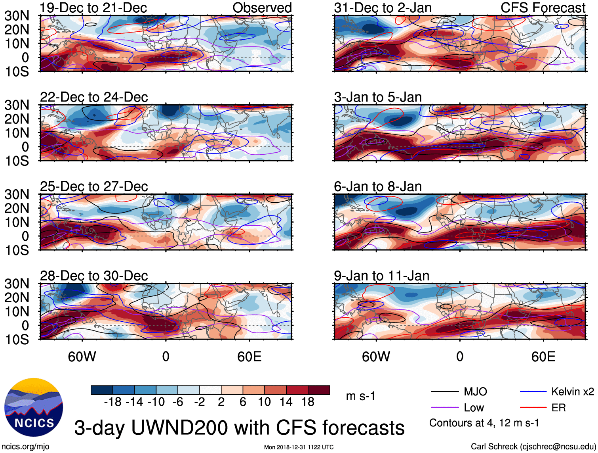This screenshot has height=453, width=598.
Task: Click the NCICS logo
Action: [34, 407]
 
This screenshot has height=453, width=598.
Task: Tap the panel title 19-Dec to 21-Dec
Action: [93, 8]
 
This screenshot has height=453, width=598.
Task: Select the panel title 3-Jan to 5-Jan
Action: [378, 97]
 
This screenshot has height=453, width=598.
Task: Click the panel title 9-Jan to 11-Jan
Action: [381, 276]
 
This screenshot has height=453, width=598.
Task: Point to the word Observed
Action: [262, 8]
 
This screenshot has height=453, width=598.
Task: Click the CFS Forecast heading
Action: [543, 8]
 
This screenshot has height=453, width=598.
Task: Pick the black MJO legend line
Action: [444, 392]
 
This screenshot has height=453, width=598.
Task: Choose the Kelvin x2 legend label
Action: [572, 392]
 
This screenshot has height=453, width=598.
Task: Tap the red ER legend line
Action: [533, 407]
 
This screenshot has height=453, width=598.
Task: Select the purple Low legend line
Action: [444, 407]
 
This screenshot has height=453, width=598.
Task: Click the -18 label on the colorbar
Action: [112, 402]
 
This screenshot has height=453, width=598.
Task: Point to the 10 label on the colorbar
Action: [264, 402]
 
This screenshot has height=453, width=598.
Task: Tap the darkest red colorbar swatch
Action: [319, 390]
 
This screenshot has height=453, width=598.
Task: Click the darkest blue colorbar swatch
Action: [102, 390]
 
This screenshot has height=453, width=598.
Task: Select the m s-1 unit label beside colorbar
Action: [360, 396]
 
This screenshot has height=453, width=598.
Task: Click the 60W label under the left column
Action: [82, 357]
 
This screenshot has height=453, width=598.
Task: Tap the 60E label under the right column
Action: [543, 357]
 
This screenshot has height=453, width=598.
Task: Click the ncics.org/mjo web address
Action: [26, 447]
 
